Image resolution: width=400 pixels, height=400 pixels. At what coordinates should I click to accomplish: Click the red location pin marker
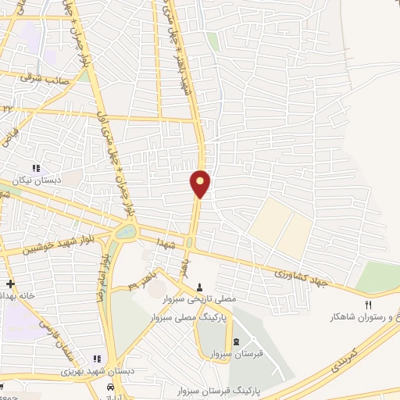click(201, 184)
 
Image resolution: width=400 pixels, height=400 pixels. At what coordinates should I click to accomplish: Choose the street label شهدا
click(162, 237)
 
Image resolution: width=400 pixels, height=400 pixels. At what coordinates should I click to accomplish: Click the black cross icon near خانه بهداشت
click(9, 284)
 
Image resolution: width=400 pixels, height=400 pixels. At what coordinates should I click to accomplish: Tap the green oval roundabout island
click(124, 232)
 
